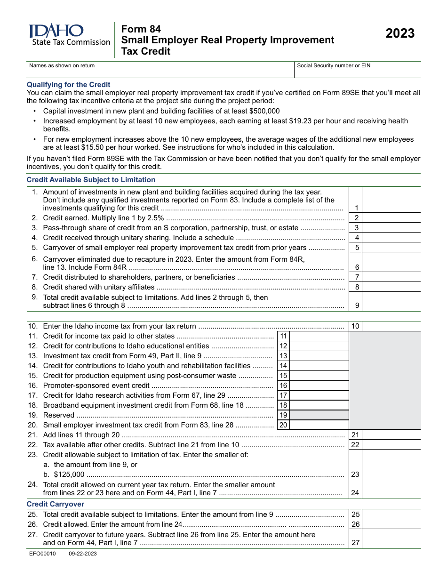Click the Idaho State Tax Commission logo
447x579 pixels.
pyautogui.click(x=69, y=36)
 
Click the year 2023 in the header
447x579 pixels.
pyautogui.click(x=400, y=33)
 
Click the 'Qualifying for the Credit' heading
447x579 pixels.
pyautogui.click(x=68, y=85)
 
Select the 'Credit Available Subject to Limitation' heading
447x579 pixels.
pyautogui.click(x=91, y=180)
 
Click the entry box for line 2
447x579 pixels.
pyautogui.click(x=391, y=217)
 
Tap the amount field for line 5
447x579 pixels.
pyautogui.click(x=391, y=248)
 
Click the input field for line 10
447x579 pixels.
pyautogui.click(x=391, y=326)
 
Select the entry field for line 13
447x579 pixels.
pyautogui.click(x=319, y=356)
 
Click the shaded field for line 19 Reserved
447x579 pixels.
pyautogui.click(x=319, y=415)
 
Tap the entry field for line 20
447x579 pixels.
pyautogui.click(x=319, y=425)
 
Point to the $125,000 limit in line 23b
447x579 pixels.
pyautogui.click(x=69, y=474)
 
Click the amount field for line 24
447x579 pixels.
pyautogui.click(x=391, y=489)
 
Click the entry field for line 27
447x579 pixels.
pyautogui.click(x=391, y=539)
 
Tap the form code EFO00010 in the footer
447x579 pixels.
pyautogui.click(x=42, y=554)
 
